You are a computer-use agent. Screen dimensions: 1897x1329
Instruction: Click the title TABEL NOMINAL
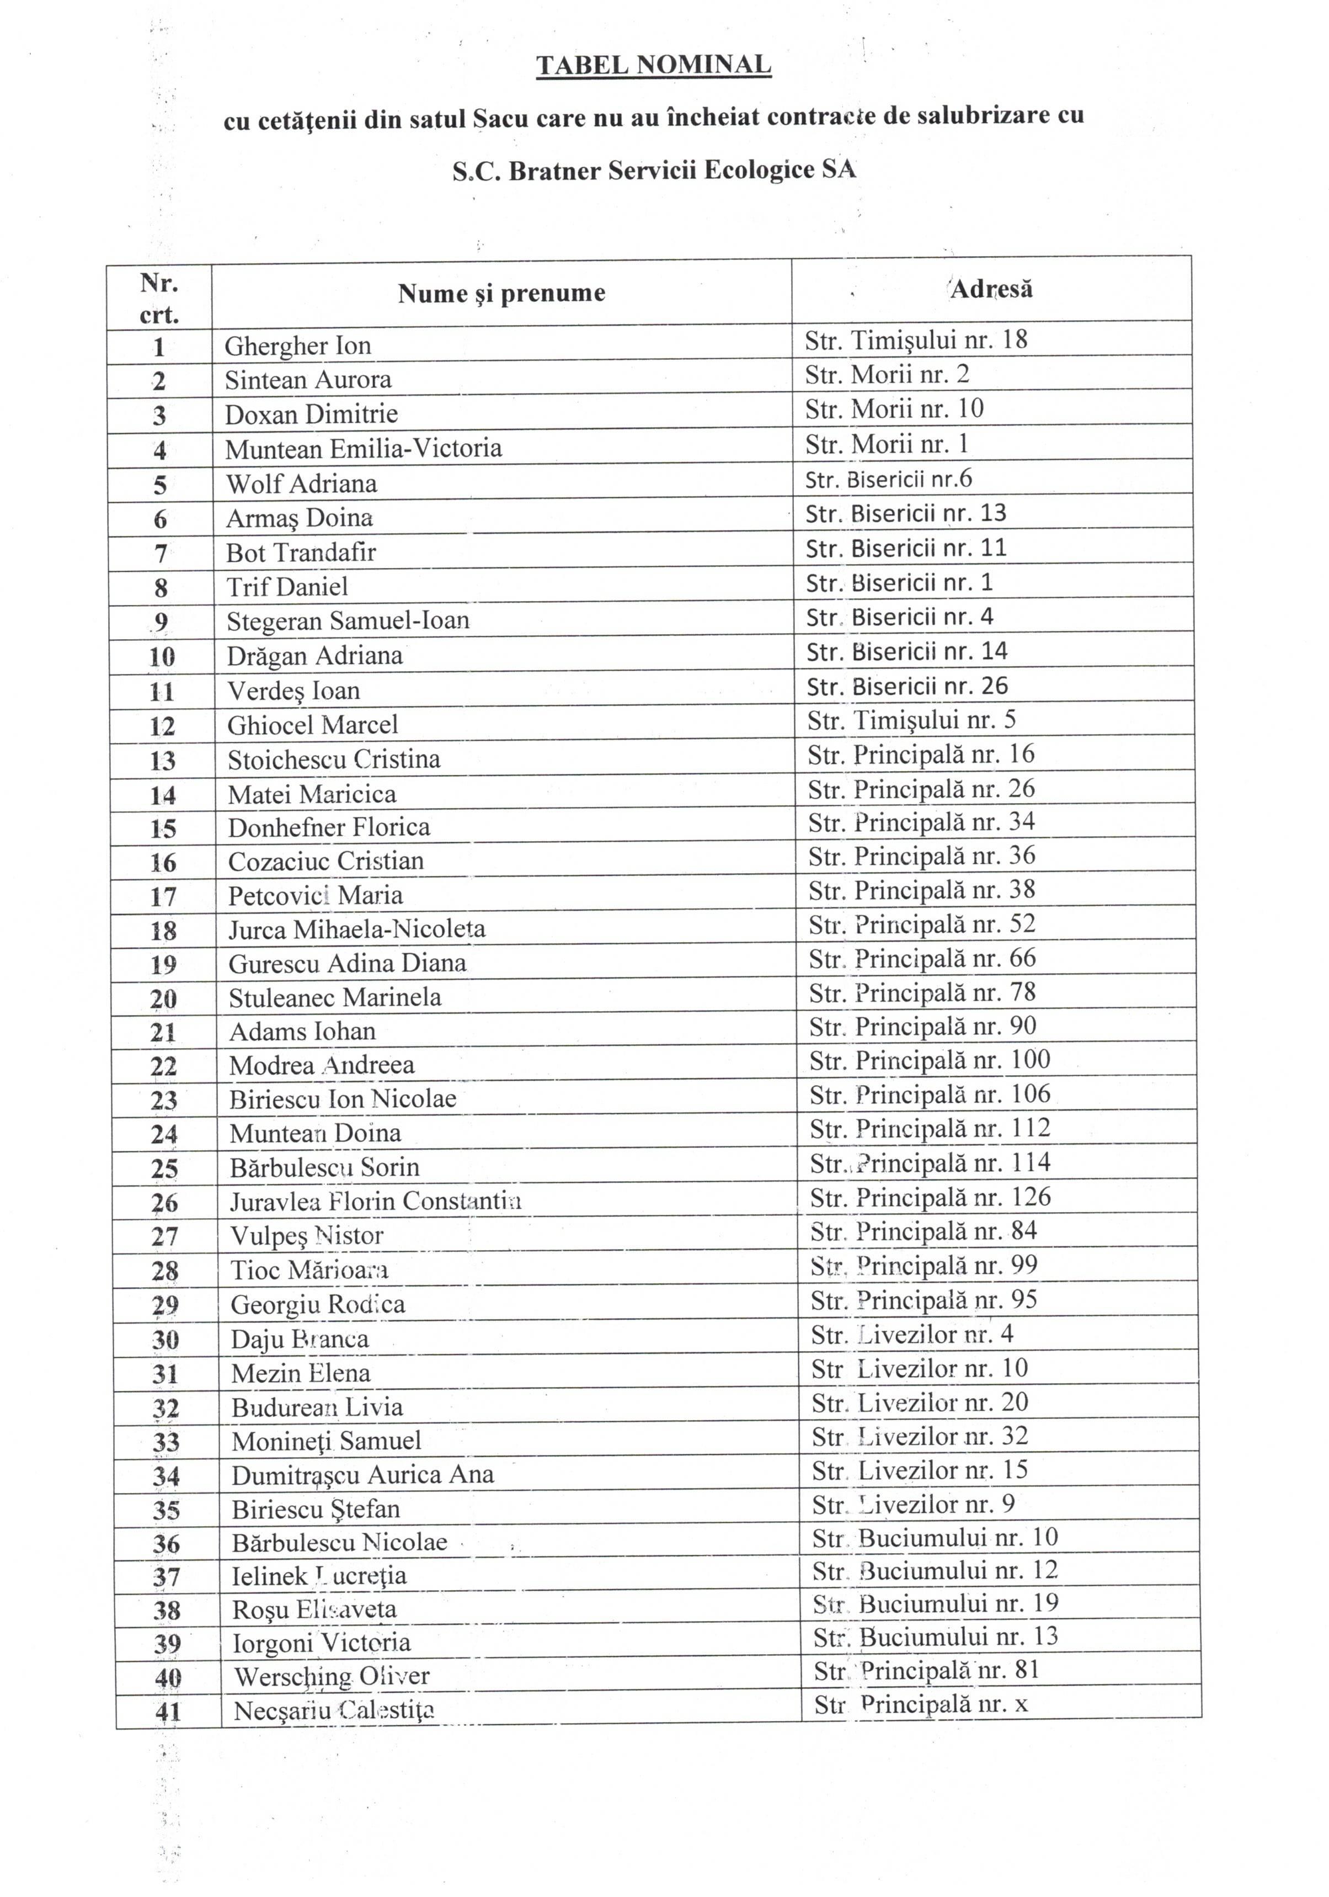tap(653, 65)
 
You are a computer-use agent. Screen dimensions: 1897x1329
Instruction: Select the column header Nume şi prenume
tap(501, 293)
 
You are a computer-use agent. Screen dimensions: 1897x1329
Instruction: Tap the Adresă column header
tap(991, 289)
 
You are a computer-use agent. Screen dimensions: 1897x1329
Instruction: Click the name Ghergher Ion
tap(297, 346)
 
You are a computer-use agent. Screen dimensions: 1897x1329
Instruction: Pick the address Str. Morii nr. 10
tap(894, 409)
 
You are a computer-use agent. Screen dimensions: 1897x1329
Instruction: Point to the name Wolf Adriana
tap(301, 483)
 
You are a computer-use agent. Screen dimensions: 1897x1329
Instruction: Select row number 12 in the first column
tap(163, 726)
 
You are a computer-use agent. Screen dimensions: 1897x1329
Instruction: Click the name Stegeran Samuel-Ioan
tap(348, 620)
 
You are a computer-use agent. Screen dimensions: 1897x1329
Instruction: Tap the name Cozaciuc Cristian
tap(325, 861)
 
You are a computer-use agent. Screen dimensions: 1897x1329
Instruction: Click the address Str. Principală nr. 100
tap(929, 1060)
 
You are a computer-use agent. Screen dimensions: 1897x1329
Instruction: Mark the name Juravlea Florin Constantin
tap(375, 1200)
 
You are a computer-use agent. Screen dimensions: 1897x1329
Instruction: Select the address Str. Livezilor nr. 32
tap(919, 1436)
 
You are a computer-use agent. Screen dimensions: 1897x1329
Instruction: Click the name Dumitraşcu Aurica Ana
tap(362, 1475)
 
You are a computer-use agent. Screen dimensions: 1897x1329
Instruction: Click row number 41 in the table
tap(168, 1711)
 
